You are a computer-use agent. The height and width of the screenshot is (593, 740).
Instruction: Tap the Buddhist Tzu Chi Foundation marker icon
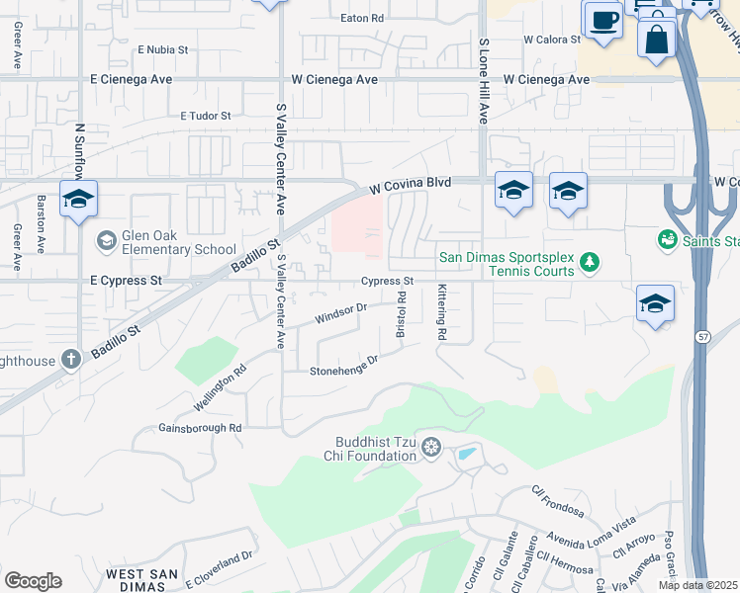coord(430,449)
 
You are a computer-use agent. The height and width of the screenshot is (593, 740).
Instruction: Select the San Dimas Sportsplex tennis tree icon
coord(590,262)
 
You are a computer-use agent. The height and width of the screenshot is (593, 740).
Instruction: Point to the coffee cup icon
coord(602,20)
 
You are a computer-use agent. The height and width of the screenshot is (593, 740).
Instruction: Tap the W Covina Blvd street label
coord(411,184)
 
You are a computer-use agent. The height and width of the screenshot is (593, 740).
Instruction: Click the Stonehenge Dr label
coord(344,367)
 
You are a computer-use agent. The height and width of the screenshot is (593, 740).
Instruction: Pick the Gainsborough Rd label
coord(200,429)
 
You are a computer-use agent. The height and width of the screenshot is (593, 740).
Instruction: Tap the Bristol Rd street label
coord(402,314)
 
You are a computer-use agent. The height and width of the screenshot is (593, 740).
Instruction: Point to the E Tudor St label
coord(205,116)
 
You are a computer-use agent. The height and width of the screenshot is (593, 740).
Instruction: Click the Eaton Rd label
coord(361,19)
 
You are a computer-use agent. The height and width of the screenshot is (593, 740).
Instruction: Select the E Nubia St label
coord(169,48)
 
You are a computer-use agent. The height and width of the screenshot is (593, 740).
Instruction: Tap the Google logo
coord(33,581)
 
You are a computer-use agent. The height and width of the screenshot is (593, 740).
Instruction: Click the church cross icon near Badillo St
coord(70,360)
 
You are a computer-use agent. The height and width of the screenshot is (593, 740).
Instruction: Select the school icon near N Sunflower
coord(78,199)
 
